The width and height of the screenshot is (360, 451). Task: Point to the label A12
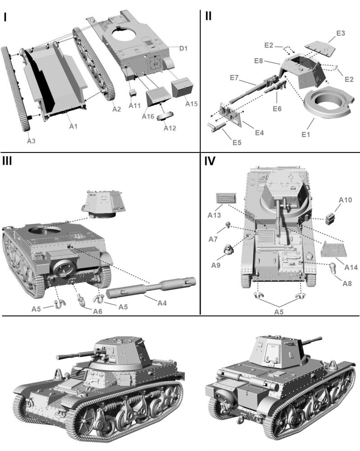tap(170, 128)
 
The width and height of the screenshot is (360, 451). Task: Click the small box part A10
tap(332, 218)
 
